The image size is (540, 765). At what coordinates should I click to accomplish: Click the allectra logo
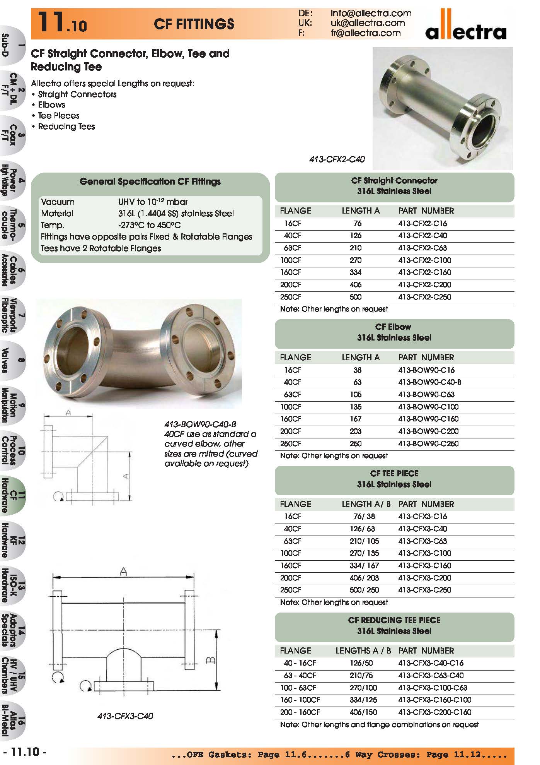coord(465,27)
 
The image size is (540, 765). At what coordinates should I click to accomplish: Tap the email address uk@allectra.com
coord(368,23)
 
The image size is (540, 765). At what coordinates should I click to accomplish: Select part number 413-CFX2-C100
coord(424,260)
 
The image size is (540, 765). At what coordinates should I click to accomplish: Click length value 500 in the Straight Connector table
coord(355,297)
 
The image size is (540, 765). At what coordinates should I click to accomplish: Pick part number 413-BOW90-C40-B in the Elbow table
coord(429,382)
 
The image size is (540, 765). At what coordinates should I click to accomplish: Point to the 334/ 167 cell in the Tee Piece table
coord(364,565)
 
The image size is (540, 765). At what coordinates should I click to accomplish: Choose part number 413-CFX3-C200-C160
coord(434,712)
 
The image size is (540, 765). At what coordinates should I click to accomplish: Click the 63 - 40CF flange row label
coord(300,675)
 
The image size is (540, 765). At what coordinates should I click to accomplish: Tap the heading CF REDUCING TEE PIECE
coord(394,620)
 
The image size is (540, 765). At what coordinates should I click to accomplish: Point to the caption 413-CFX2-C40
coord(337,159)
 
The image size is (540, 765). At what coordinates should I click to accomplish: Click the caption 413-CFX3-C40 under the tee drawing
coord(125,716)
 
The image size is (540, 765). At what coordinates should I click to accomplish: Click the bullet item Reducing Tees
coord(66,127)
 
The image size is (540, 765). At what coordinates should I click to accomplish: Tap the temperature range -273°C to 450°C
coord(149,225)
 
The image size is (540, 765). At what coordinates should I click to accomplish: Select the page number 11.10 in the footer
coord(25,752)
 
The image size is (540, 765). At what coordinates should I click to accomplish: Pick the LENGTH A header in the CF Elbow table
coord(360,358)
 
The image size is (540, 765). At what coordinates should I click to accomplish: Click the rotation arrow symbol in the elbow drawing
coord(58,496)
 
